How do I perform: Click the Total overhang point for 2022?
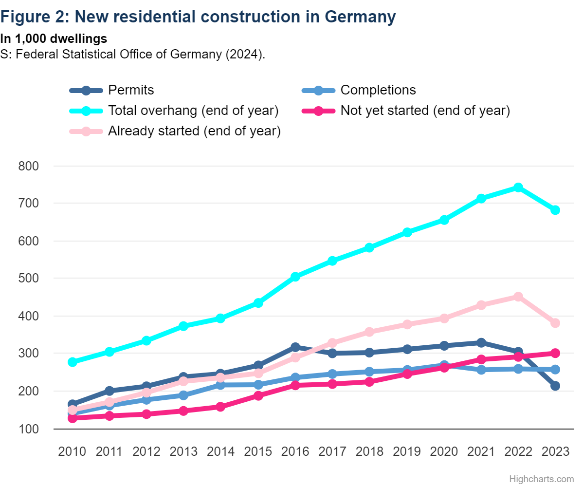pyautogui.click(x=518, y=187)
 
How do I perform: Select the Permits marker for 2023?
pyautogui.click(x=555, y=386)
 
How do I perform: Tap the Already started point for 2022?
pyautogui.click(x=518, y=297)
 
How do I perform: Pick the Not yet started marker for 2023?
pyautogui.click(x=555, y=353)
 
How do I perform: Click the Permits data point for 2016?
pyautogui.click(x=295, y=347)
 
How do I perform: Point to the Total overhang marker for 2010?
pyautogui.click(x=73, y=362)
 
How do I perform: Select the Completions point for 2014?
pyautogui.click(x=220, y=385)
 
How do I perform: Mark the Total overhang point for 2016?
pyautogui.click(x=295, y=277)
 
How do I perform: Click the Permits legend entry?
pyautogui.click(x=130, y=90)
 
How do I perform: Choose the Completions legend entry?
pyautogui.click(x=378, y=90)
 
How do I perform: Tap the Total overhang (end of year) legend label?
pyautogui.click(x=193, y=111)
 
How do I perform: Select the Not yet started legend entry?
pyautogui.click(x=425, y=111)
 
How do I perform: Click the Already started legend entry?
pyautogui.click(x=194, y=131)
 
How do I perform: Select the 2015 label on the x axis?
pyautogui.click(x=258, y=451)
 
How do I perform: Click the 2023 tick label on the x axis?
pyautogui.click(x=555, y=451)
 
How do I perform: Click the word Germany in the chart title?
pyautogui.click(x=360, y=17)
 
